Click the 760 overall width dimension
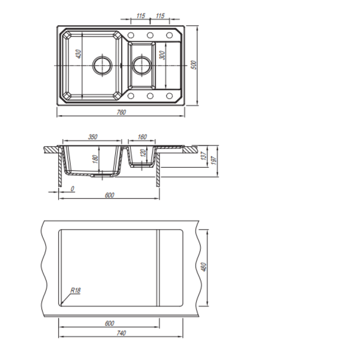(121, 112)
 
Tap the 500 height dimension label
(194, 65)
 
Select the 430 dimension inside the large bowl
(78, 54)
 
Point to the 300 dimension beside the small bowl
(162, 55)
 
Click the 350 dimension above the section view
(93, 137)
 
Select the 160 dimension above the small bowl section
(142, 137)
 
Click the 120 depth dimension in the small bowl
(143, 153)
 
